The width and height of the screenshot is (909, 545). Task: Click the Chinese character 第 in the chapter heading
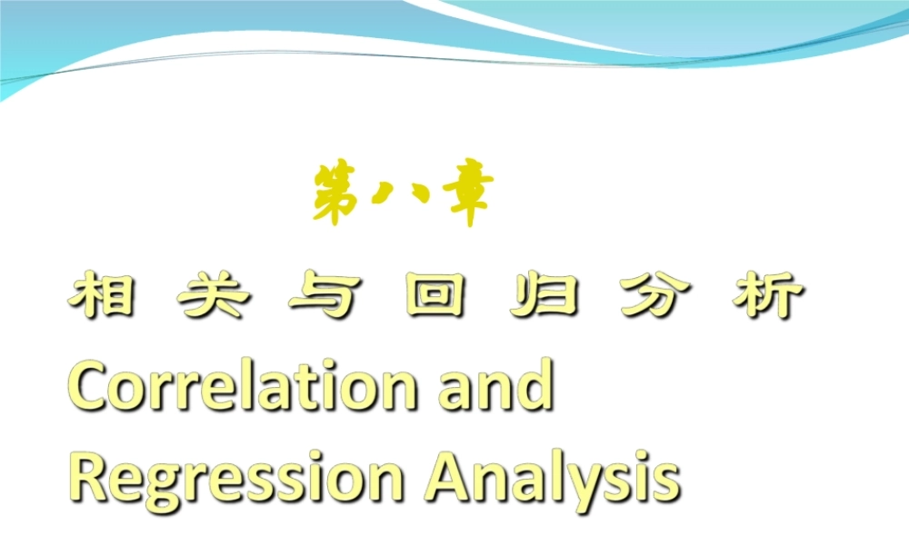[335, 193]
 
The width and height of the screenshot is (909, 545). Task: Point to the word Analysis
[552, 475]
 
